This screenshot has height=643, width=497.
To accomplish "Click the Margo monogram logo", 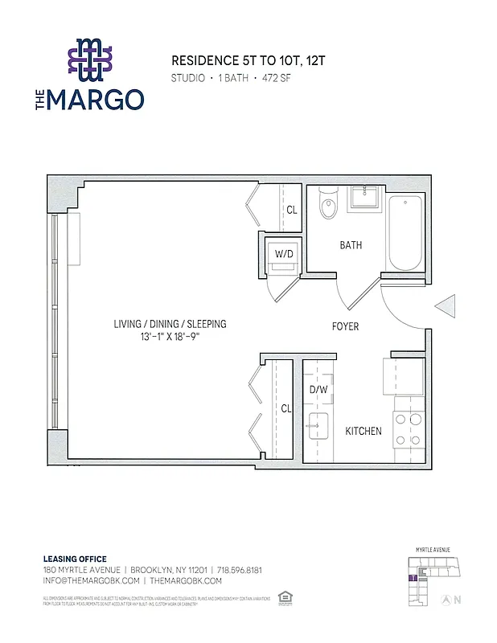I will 90,60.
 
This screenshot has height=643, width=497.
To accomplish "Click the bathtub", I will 404,231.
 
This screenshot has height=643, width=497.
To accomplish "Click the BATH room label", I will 351,246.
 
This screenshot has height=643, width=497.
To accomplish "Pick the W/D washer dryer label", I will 284,254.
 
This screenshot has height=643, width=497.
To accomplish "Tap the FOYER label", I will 346,327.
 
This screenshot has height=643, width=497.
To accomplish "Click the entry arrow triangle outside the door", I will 446,307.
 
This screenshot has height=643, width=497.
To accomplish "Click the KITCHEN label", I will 364,432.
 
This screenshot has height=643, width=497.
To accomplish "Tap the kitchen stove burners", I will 407,425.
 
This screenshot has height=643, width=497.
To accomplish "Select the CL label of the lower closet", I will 285,408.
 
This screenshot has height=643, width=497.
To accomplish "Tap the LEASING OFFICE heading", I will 74,559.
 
